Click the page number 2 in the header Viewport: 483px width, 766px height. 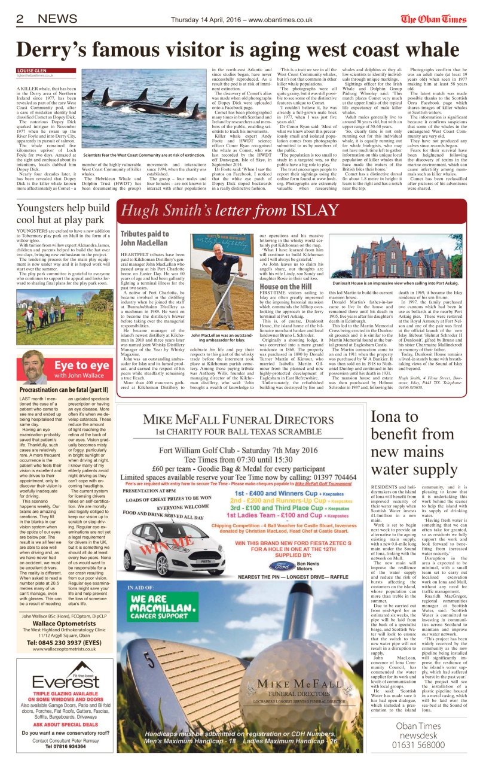point(20,19)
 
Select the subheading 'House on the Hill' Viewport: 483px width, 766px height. point(286,287)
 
